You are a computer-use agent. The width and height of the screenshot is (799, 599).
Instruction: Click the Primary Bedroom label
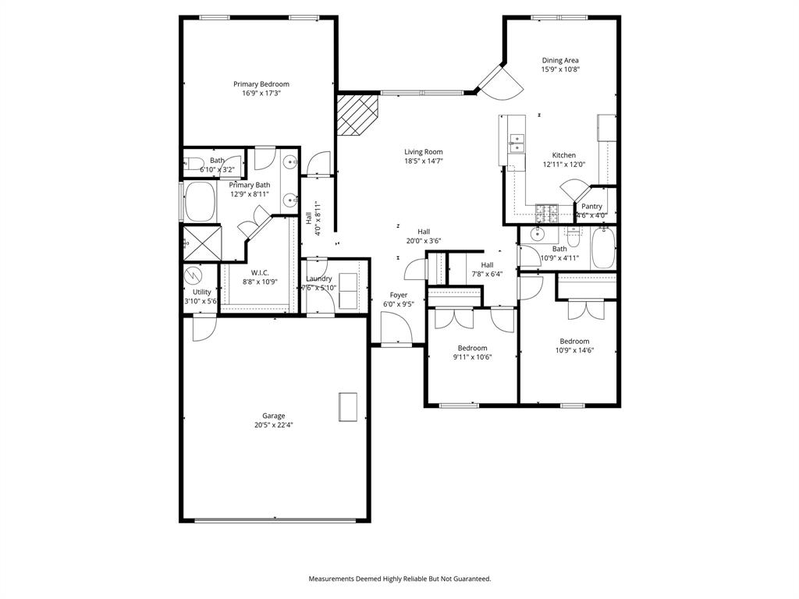tap(261, 84)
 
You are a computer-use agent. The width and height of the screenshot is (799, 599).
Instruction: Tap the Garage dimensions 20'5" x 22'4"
tap(273, 425)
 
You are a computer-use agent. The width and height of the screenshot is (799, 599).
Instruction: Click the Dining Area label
tap(560, 60)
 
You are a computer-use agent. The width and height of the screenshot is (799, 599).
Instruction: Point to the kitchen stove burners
tap(545, 211)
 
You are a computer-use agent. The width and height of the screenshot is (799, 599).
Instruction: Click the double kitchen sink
tap(517, 141)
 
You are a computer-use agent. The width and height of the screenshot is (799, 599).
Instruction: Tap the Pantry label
tap(591, 206)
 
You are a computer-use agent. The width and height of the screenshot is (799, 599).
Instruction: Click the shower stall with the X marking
tap(201, 243)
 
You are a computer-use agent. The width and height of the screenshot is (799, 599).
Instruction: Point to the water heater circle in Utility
tap(192, 275)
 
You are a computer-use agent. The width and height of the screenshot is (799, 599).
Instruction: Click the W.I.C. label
tap(260, 272)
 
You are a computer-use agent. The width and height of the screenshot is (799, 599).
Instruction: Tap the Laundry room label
tap(318, 278)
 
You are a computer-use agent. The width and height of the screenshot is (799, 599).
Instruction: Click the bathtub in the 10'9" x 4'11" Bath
tap(603, 247)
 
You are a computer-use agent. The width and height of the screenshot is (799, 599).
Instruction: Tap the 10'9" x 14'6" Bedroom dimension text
tap(574, 350)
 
